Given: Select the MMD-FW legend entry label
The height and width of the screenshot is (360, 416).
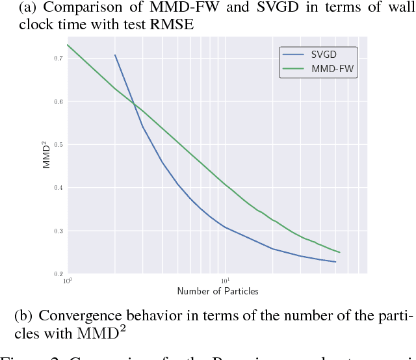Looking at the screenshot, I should coord(328,68).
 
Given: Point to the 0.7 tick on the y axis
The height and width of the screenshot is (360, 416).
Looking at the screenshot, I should coord(58,58).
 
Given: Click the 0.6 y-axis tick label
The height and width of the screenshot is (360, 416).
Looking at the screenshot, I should coord(58,101).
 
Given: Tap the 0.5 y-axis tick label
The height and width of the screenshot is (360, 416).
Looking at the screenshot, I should coord(58,144).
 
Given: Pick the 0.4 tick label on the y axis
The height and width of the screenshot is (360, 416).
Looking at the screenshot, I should coord(58,188).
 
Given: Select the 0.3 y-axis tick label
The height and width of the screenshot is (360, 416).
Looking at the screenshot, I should coord(58,231).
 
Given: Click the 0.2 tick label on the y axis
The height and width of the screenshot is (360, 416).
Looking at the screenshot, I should coord(58,274).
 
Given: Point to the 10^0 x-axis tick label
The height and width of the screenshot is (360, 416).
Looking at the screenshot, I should coord(68,281).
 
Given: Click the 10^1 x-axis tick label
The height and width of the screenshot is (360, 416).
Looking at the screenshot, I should coord(225,281).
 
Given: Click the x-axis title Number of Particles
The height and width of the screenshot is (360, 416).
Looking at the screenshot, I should coord(217,291).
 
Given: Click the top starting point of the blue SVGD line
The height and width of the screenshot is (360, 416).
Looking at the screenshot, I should coord(115,55).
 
